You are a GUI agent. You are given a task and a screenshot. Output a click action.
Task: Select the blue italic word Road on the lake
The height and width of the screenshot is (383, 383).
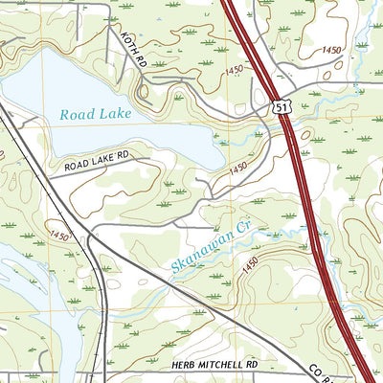78,114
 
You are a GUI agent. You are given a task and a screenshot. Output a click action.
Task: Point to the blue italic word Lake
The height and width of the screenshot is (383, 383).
114,114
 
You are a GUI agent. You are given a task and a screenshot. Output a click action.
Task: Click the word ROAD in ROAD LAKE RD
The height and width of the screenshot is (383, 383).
78,165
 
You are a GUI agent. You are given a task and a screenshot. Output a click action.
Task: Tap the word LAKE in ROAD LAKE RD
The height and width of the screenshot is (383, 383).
103,158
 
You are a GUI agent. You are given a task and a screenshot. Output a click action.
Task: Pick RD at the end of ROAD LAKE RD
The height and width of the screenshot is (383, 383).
123,153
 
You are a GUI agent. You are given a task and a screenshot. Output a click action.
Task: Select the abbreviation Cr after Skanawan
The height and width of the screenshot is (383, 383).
242,226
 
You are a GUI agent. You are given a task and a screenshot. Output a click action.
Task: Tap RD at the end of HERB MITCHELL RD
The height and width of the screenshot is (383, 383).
252,366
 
